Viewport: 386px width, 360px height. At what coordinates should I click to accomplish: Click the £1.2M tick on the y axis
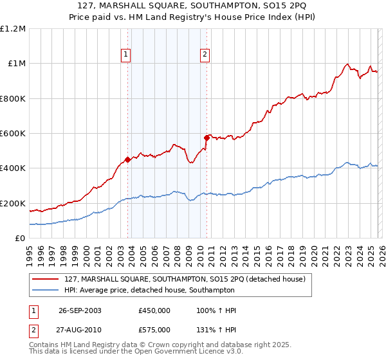point(13,29)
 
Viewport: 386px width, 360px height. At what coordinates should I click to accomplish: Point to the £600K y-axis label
point(13,134)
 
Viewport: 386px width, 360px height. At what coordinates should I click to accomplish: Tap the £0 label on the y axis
point(19,239)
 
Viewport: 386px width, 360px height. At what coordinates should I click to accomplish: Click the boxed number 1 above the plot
point(125,55)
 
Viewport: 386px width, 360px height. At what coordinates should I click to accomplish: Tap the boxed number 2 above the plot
point(205,55)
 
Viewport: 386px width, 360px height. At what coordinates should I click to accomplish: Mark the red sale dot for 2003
point(128,160)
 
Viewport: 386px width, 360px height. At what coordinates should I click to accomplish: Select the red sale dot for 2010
point(207,138)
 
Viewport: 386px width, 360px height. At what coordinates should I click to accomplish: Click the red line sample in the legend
point(46,279)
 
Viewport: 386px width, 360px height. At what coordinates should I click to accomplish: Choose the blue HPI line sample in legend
point(46,290)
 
